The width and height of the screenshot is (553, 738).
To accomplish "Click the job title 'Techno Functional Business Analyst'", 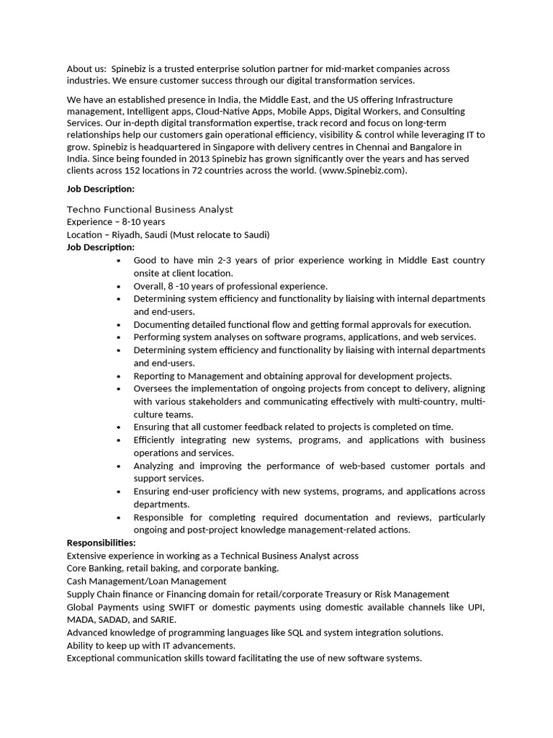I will [150, 209].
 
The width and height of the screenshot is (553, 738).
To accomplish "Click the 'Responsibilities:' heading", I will [101, 543].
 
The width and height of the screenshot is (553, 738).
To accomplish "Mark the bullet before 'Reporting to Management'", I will [118, 376].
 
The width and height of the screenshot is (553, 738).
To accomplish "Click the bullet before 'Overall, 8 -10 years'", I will [118, 286].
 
